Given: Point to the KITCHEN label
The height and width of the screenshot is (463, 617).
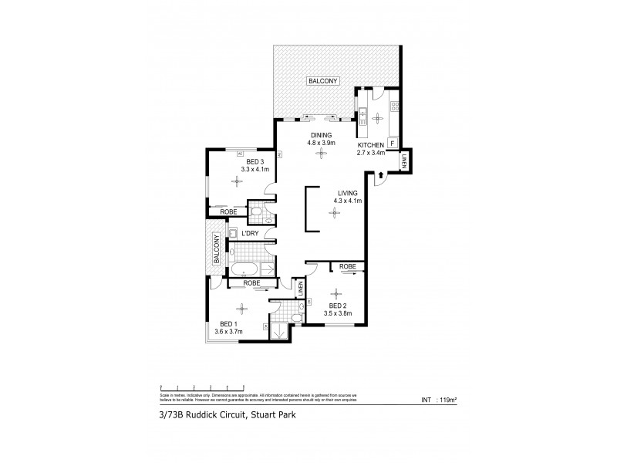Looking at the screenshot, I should [x=370, y=145].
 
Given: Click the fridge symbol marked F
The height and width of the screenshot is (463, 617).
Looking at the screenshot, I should [x=392, y=144].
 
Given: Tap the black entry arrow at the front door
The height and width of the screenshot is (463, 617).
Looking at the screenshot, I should [x=379, y=178].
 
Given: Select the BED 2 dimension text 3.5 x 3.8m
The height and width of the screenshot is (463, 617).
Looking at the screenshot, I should [x=336, y=313].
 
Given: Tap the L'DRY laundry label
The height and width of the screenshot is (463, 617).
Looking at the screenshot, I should [x=250, y=232].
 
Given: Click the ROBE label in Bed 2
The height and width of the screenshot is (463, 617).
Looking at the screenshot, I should [x=348, y=266].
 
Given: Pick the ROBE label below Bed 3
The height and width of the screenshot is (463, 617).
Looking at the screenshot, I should [x=228, y=211].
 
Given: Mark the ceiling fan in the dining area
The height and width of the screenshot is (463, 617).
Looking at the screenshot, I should [x=321, y=154].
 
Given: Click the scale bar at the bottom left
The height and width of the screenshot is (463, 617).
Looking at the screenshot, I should [x=201, y=387].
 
